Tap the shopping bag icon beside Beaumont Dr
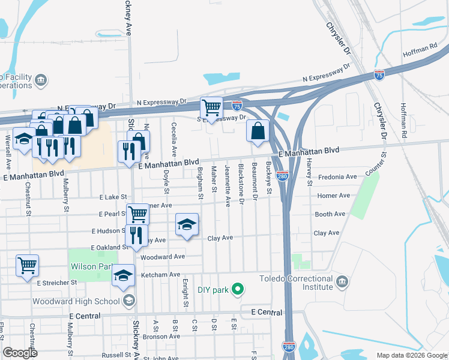coord(258,130)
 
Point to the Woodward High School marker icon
coord(128,301)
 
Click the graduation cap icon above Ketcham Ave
coord(124,275)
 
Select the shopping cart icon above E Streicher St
coord(28,265)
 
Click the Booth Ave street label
coord(330,214)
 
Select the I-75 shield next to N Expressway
coord(379,75)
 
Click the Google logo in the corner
coord(20,353)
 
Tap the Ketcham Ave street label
coord(160,275)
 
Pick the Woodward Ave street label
coord(162,257)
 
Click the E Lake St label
coord(113,197)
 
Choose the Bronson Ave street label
coord(158,337)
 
